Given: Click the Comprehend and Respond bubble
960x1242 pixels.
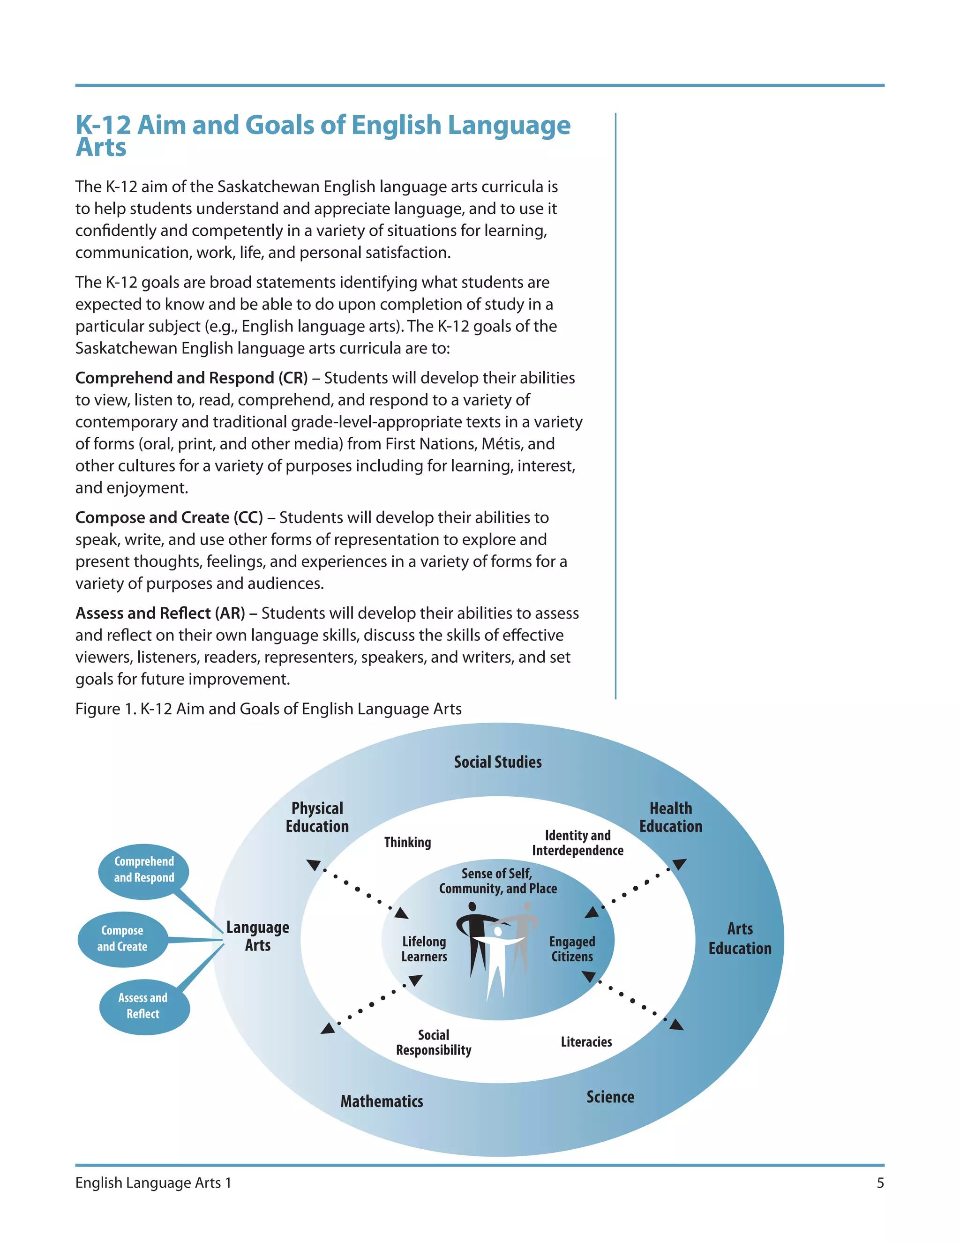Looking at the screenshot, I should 143,870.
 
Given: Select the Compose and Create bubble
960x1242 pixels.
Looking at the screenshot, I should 122,939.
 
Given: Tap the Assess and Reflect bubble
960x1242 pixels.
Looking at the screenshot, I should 143,1007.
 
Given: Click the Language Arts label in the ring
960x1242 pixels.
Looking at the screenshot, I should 258,936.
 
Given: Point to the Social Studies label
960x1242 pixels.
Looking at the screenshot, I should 498,762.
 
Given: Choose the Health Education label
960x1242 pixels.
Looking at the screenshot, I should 670,817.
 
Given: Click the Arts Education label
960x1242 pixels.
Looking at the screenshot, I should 739,939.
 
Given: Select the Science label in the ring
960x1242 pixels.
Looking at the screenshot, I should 610,1097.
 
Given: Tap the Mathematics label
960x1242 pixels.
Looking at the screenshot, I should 382,1101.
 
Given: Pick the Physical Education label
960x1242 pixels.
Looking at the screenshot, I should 317,817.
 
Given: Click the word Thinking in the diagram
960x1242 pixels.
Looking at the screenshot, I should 407,842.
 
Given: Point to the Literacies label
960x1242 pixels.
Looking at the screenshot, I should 586,1042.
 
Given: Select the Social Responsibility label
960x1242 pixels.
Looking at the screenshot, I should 434,1042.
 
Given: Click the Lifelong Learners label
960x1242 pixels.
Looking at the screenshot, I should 424,949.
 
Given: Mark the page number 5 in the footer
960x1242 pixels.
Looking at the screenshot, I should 880,1183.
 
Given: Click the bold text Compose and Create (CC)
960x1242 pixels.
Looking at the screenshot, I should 169,517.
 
